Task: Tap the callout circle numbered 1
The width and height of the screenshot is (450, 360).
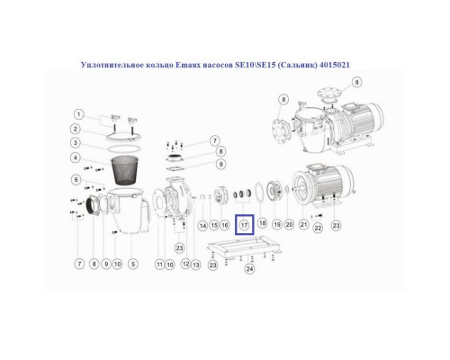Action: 79,114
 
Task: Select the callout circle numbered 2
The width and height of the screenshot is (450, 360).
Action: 79,129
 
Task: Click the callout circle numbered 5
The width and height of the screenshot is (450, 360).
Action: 133,264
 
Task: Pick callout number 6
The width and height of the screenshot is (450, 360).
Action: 79,181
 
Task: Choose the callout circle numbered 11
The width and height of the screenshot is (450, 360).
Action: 160,264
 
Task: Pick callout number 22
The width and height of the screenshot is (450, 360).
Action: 318,229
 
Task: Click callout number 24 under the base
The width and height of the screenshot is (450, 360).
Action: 249,268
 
